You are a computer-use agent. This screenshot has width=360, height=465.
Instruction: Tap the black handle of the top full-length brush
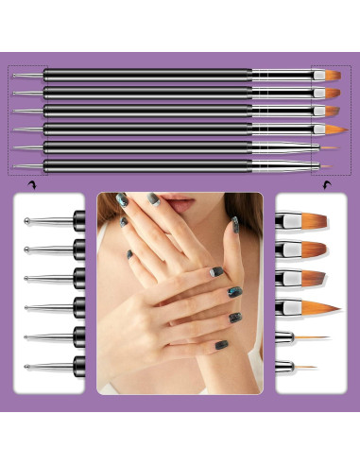pos(142,74)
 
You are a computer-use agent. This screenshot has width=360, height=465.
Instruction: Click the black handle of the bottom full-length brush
pos(142,164)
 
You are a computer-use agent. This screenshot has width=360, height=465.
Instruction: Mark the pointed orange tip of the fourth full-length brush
pos(331,129)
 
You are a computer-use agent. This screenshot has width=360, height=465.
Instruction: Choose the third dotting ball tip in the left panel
pos(28,278)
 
